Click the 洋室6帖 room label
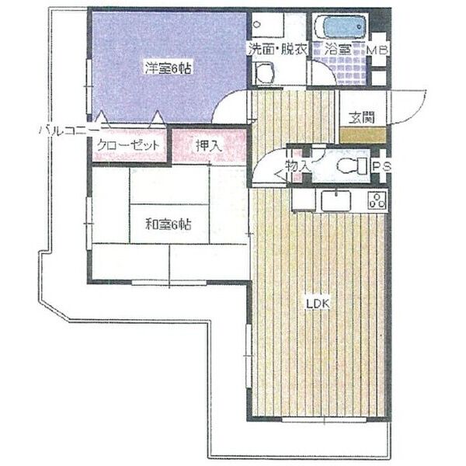[168, 68]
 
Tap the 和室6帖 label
[169, 224]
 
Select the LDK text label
[318, 304]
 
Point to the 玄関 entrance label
[362, 118]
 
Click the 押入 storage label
[209, 146]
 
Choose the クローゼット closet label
[128, 146]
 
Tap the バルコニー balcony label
[69, 130]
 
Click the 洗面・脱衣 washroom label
[277, 49]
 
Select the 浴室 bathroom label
[338, 49]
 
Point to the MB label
[377, 50]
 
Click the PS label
[381, 166]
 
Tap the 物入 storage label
[297, 166]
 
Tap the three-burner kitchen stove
[377, 200]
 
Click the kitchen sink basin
[336, 201]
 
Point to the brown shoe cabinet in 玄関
[363, 135]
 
